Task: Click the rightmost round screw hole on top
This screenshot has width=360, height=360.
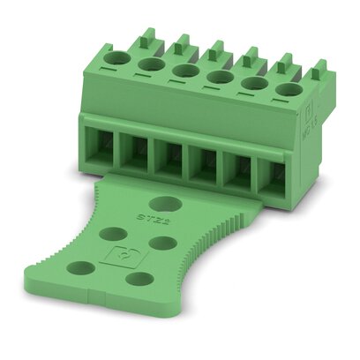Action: pos(286,88)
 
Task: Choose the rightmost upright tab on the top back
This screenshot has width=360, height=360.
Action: pos(319,71)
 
